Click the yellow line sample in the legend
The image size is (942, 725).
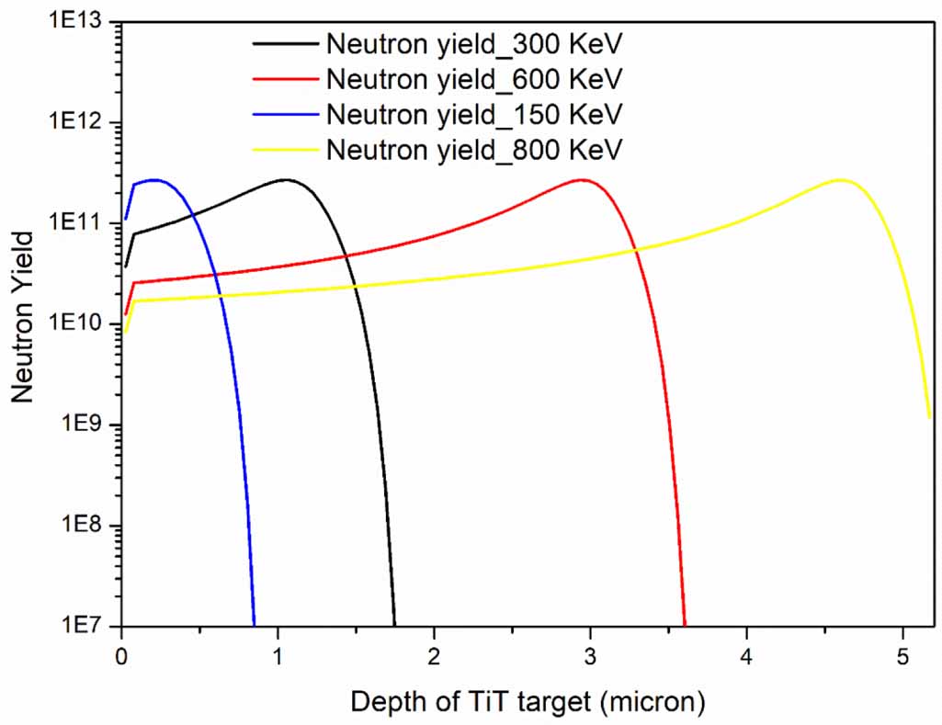pyautogui.click(x=285, y=149)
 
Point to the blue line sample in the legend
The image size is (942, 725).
pyautogui.click(x=285, y=114)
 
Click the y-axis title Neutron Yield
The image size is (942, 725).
pyautogui.click(x=24, y=317)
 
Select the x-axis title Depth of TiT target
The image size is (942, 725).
pyautogui.click(x=528, y=703)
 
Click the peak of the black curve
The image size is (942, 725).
pyautogui.click(x=286, y=179)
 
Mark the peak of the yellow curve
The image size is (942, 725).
pyautogui.click(x=840, y=179)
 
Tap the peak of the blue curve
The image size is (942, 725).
pyautogui.click(x=153, y=179)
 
